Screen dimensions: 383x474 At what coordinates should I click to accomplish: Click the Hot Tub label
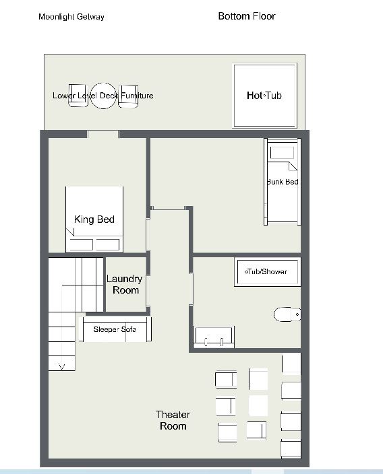[264, 96]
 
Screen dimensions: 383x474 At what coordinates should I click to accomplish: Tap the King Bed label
[94, 219]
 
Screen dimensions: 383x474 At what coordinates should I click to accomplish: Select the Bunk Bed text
[283, 182]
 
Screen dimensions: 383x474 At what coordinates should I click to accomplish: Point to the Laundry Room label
[125, 284]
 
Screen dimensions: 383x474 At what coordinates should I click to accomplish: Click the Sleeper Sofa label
[115, 329]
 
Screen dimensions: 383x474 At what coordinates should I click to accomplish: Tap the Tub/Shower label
[266, 271]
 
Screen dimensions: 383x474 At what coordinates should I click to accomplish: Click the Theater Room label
[173, 420]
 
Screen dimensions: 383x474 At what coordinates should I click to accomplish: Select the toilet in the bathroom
[287, 314]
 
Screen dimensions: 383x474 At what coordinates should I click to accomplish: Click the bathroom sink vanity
[214, 337]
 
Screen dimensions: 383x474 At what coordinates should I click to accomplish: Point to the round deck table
[103, 96]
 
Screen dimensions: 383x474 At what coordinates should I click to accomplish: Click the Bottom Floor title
[247, 16]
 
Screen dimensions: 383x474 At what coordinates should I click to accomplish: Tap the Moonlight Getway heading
[71, 17]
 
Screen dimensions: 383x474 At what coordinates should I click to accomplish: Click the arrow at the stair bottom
[62, 367]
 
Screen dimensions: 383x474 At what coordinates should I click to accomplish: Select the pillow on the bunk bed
[282, 153]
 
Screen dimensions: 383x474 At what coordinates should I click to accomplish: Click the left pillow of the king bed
[81, 244]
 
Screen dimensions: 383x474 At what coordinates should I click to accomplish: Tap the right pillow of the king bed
[108, 244]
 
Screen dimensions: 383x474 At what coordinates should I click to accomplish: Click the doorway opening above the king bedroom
[103, 134]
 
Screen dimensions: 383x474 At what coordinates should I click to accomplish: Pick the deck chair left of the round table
[78, 96]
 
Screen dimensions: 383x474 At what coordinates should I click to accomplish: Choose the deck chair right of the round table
[128, 96]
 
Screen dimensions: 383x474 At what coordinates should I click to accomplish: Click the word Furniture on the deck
[137, 96]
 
